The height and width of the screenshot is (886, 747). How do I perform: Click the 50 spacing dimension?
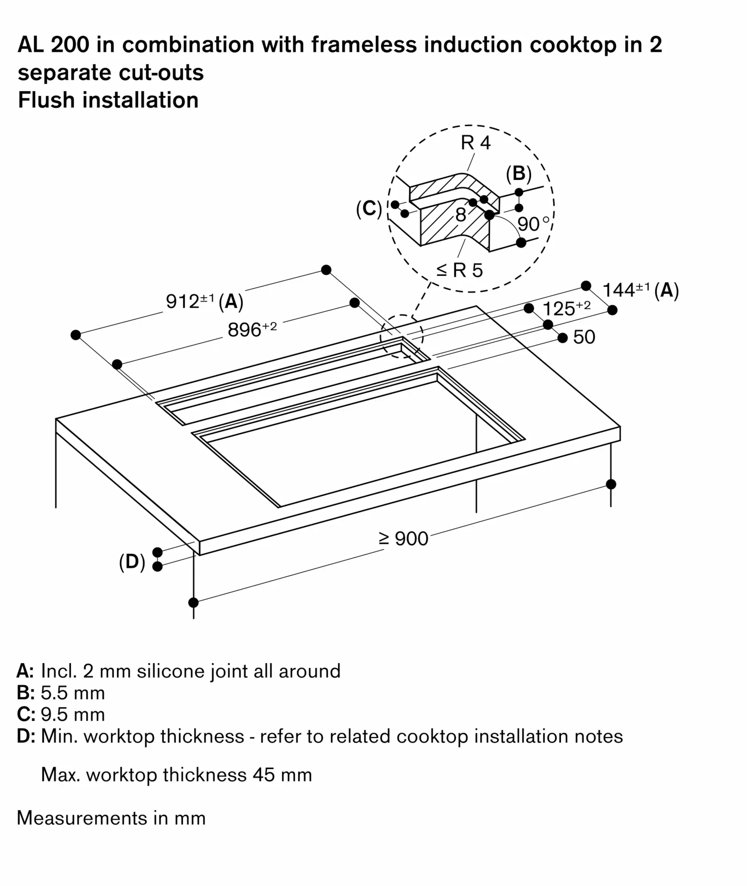click(x=584, y=337)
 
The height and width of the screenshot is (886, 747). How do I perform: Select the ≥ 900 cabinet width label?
click(x=404, y=539)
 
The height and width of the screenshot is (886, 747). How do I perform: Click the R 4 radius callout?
click(x=475, y=143)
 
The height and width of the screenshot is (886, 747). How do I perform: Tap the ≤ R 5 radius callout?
click(x=459, y=270)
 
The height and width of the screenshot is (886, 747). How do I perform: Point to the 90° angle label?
click(x=533, y=224)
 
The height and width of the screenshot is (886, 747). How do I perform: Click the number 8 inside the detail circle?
click(x=461, y=215)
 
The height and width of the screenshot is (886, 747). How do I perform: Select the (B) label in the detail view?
click(x=518, y=174)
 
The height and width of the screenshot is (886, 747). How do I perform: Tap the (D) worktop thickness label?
click(x=132, y=562)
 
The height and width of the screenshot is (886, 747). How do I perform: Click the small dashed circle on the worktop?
click(x=401, y=337)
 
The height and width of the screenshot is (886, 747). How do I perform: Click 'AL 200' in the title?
click(x=53, y=45)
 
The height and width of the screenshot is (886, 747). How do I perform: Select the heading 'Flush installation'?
click(x=108, y=100)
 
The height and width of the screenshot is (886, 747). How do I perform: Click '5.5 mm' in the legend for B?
click(x=73, y=693)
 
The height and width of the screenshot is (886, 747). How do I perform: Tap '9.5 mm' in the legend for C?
click(x=73, y=715)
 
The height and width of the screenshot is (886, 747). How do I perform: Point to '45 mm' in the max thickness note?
click(x=282, y=775)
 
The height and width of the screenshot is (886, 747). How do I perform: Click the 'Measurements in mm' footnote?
click(x=111, y=818)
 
